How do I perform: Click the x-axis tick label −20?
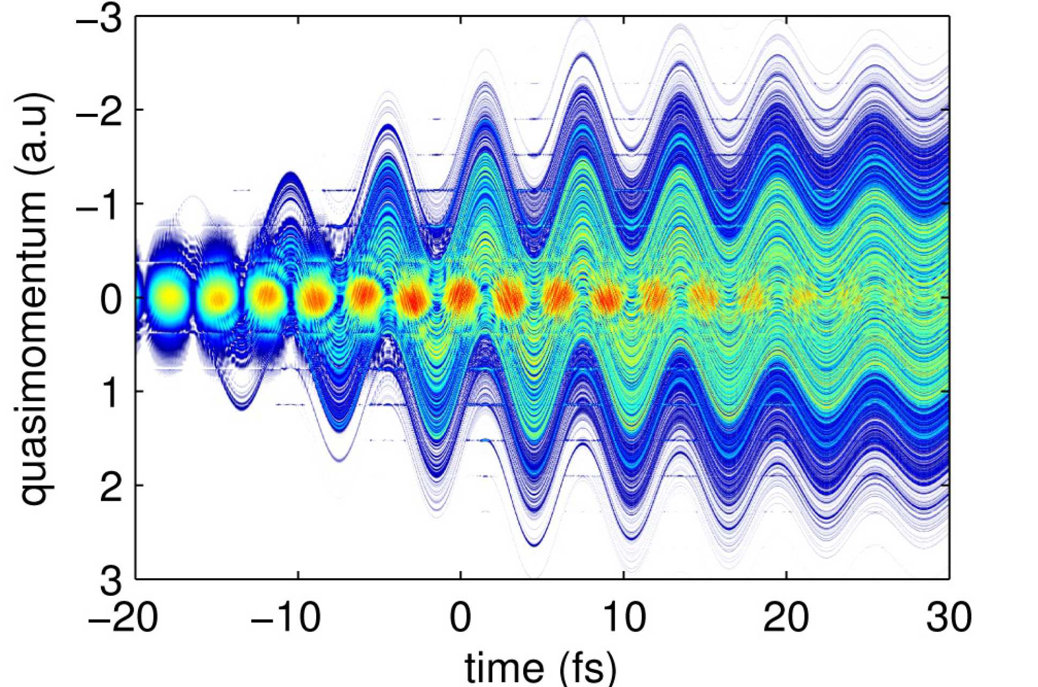point(123,617)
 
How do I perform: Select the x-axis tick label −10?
point(286,617)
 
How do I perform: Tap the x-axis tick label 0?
point(460,617)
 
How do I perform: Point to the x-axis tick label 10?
point(623,617)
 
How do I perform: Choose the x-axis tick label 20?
point(786,617)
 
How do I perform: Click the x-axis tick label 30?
point(949,617)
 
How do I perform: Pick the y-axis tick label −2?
point(99,110)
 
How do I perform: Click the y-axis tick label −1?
point(99,204)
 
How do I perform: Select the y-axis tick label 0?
point(111,298)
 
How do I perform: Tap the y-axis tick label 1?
point(111,392)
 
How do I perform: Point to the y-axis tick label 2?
point(111,486)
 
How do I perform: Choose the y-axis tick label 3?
point(111,580)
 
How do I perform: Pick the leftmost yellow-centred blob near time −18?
point(169,296)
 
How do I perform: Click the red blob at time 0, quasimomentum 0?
point(460,296)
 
